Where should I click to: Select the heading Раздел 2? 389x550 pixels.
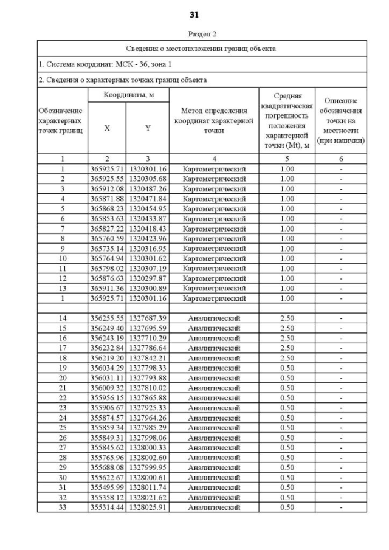click(194, 35)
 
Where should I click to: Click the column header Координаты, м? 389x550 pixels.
click(128, 95)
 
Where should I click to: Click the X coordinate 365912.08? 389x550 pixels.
click(108, 188)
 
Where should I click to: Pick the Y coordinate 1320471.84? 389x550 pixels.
click(148, 198)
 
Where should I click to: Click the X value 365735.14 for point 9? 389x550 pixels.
click(108, 248)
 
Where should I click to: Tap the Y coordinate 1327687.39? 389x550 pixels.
click(148, 318)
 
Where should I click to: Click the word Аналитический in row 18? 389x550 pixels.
click(214, 358)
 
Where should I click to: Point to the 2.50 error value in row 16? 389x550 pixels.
click(287, 338)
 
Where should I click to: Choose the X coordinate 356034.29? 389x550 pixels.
click(108, 368)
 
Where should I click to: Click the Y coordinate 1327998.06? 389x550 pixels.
click(148, 438)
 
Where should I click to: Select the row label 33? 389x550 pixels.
click(63, 507)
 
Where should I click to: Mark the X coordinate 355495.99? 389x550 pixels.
click(108, 487)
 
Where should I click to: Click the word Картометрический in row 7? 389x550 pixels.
click(214, 228)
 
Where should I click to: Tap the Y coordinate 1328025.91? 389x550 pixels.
click(148, 507)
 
